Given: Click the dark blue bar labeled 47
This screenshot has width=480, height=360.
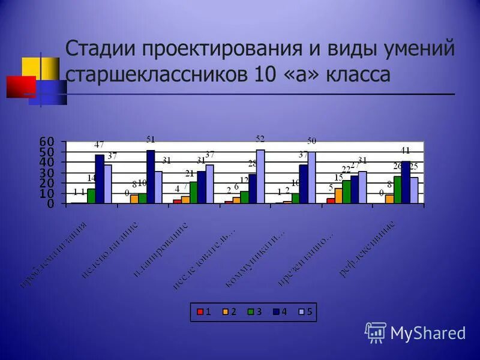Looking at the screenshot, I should click(x=100, y=179).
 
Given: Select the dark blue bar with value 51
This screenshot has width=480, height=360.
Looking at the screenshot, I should click(x=151, y=177).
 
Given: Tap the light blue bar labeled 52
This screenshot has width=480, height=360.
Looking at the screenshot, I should click(x=260, y=176).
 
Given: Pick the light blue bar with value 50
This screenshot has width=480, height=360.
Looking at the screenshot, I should click(x=311, y=178).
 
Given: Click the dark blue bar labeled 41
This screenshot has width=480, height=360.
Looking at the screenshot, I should click(x=406, y=182).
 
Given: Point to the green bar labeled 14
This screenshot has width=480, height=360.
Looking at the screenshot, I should click(x=91, y=196).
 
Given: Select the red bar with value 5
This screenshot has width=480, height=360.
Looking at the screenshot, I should click(x=331, y=201).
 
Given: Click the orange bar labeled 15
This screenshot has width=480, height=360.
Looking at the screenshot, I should click(x=338, y=196).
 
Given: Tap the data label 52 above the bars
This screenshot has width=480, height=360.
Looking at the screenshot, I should click(x=260, y=139).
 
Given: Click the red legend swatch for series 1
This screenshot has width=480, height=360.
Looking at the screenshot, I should click(x=200, y=312).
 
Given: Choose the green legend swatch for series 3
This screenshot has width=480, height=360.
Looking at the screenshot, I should click(x=251, y=312).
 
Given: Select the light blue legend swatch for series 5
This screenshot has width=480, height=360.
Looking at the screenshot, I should click(x=302, y=312).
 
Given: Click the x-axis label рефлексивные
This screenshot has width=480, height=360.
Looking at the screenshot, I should click(x=367, y=250).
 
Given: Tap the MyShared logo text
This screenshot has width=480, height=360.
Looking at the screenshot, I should click(x=428, y=332).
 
